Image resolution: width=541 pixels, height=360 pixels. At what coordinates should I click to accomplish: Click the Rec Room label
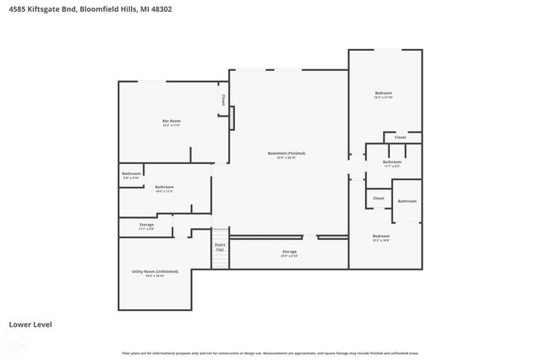point(172,121)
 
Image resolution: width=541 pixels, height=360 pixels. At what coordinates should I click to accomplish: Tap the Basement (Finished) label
point(287,153)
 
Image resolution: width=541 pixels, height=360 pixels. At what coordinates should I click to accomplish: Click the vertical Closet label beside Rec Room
point(223,100)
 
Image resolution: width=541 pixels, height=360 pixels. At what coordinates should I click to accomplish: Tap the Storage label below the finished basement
point(289,252)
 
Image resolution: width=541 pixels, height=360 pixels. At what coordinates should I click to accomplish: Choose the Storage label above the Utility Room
point(146,224)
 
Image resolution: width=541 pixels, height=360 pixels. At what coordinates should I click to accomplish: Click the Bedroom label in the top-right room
point(384,93)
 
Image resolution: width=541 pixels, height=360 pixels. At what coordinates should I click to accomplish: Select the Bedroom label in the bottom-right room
point(381,236)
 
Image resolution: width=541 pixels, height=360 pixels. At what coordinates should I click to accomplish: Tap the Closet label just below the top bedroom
point(400,136)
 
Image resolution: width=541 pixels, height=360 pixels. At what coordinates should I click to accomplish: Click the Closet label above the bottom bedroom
point(378,198)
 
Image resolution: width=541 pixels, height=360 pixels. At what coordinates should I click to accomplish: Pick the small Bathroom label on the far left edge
point(131,174)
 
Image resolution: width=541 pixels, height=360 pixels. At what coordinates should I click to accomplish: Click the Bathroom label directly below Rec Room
point(164,187)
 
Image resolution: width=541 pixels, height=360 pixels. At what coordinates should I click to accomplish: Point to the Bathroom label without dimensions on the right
point(407,201)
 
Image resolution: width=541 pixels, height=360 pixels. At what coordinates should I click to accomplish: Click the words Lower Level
point(27,324)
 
